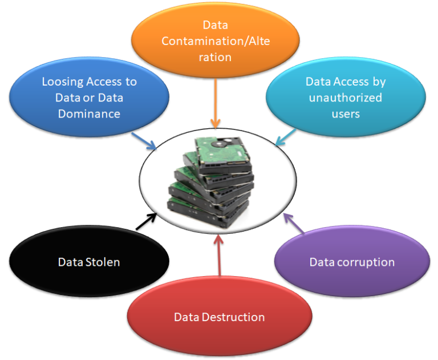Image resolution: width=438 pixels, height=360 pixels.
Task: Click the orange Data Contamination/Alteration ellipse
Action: pos(216,41)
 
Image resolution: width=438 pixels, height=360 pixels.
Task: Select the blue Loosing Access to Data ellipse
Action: pos(89,98)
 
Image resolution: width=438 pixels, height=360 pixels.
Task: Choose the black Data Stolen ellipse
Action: pos(89,262)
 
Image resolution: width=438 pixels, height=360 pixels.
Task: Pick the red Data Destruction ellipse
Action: pos(219,317)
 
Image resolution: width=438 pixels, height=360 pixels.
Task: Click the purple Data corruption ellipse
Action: pos(351,262)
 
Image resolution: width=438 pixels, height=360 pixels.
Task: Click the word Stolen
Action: pos(106,262)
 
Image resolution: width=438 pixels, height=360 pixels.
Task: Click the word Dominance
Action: pos(89,114)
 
